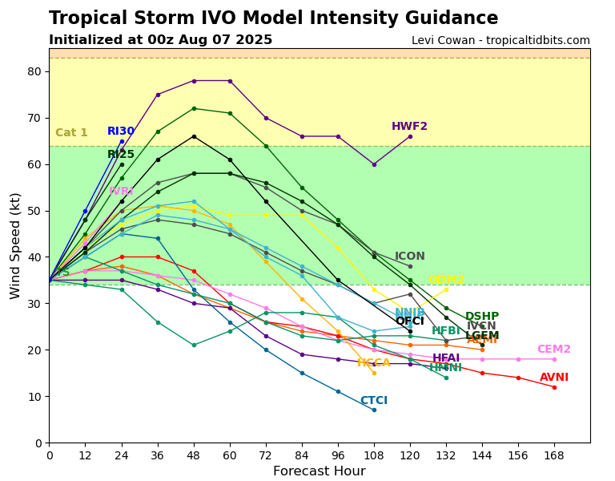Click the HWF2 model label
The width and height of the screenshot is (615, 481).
(409, 127)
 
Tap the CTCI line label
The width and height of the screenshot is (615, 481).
(373, 401)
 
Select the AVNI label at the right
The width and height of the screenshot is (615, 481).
(553, 378)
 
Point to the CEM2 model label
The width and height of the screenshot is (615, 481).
(553, 350)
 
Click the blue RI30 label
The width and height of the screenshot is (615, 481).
(121, 131)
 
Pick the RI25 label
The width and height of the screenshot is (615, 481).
(121, 155)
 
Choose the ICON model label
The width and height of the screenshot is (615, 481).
(410, 257)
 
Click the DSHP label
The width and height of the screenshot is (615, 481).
(482, 317)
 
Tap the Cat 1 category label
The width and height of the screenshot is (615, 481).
(71, 133)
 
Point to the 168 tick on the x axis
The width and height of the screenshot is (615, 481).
(553, 455)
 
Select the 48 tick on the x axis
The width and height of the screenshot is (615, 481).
(194, 455)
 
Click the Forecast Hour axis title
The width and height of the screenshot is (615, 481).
(319, 471)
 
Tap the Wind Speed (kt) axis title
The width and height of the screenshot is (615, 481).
(15, 245)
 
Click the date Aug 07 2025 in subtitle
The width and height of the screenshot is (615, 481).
(233, 40)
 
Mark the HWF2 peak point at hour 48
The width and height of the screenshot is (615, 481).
(194, 80)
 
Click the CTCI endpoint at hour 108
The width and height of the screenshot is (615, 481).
(374, 410)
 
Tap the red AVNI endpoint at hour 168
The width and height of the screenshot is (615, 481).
(554, 387)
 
